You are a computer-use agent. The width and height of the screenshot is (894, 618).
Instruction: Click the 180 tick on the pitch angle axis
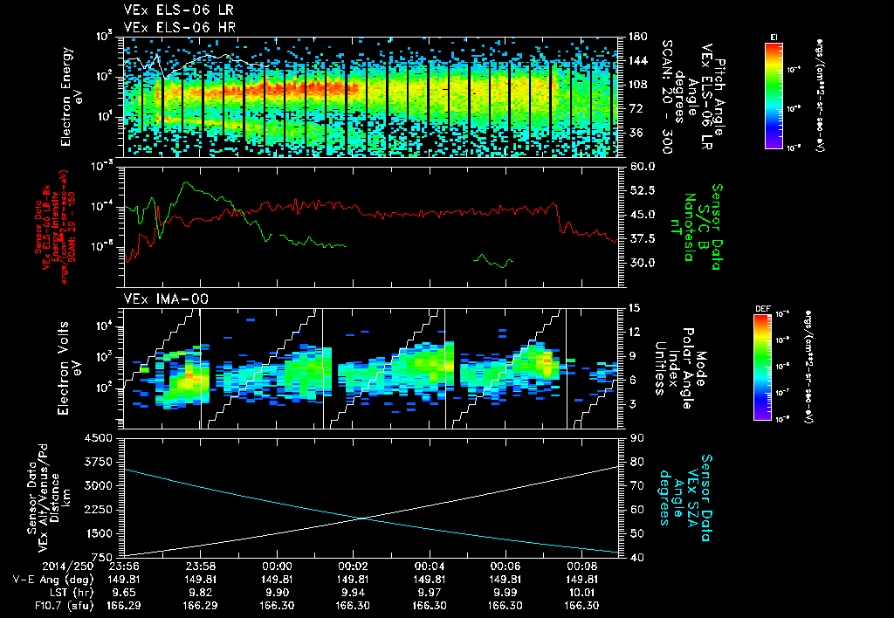coord(636,37)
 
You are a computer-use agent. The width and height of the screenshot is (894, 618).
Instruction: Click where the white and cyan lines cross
coord(363,518)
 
